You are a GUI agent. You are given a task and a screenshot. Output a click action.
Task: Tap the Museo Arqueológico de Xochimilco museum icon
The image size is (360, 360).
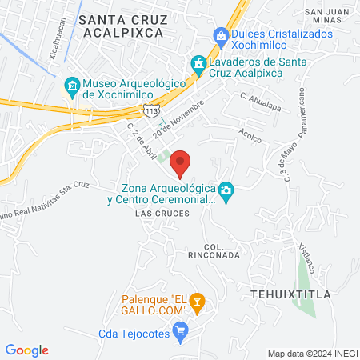(71, 85)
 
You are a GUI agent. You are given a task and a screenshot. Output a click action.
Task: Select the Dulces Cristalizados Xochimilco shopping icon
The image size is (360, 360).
(220, 35)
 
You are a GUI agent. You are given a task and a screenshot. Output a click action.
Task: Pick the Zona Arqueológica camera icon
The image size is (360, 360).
(227, 190)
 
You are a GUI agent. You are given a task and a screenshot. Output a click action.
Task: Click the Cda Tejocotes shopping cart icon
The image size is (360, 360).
(181, 329)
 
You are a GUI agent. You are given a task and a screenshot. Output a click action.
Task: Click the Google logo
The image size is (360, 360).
(27, 350)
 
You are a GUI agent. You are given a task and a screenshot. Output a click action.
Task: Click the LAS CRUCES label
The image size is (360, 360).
(162, 214)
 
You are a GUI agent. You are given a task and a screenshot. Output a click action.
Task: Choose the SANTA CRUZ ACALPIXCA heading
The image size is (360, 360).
(122, 25)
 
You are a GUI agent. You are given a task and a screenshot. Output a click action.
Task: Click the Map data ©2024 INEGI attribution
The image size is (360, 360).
(312, 353)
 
